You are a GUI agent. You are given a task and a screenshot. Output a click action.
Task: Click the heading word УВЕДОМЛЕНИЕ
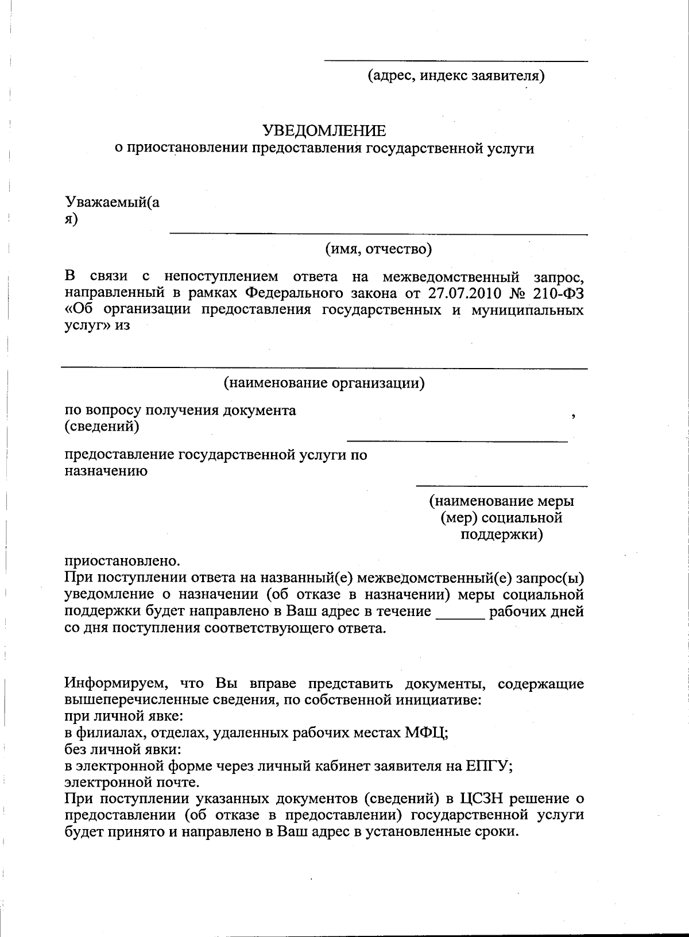coord(324,130)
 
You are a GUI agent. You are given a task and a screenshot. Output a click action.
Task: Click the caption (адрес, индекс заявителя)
coord(456,75)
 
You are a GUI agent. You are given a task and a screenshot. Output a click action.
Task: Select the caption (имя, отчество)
coord(378,249)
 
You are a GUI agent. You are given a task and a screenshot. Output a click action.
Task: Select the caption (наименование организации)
coord(324,382)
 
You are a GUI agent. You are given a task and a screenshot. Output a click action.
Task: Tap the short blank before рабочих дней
coord(460,617)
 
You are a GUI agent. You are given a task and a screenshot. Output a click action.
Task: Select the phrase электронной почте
coord(132,782)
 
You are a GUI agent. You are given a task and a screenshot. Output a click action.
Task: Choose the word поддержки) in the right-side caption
coord(502,535)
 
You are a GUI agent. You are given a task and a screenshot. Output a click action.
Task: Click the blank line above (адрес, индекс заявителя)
coord(456,60)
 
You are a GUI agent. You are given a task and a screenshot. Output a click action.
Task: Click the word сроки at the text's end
coord(495,832)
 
